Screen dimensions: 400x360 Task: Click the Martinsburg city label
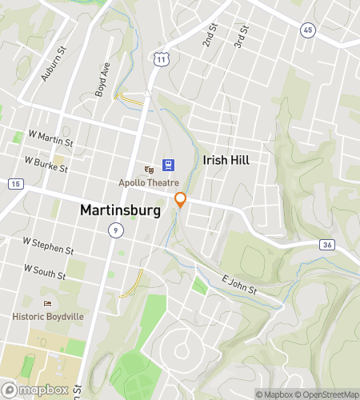120,210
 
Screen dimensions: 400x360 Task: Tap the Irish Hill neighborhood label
226,160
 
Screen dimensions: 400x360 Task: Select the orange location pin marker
181,200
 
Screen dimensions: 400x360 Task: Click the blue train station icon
169,165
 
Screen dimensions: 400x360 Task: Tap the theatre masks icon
149,169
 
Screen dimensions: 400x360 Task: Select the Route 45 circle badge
308,30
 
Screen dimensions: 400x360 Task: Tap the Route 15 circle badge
14,183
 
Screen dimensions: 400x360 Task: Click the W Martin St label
50,138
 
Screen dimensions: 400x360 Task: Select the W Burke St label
46,165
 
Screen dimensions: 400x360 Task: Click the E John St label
238,286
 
